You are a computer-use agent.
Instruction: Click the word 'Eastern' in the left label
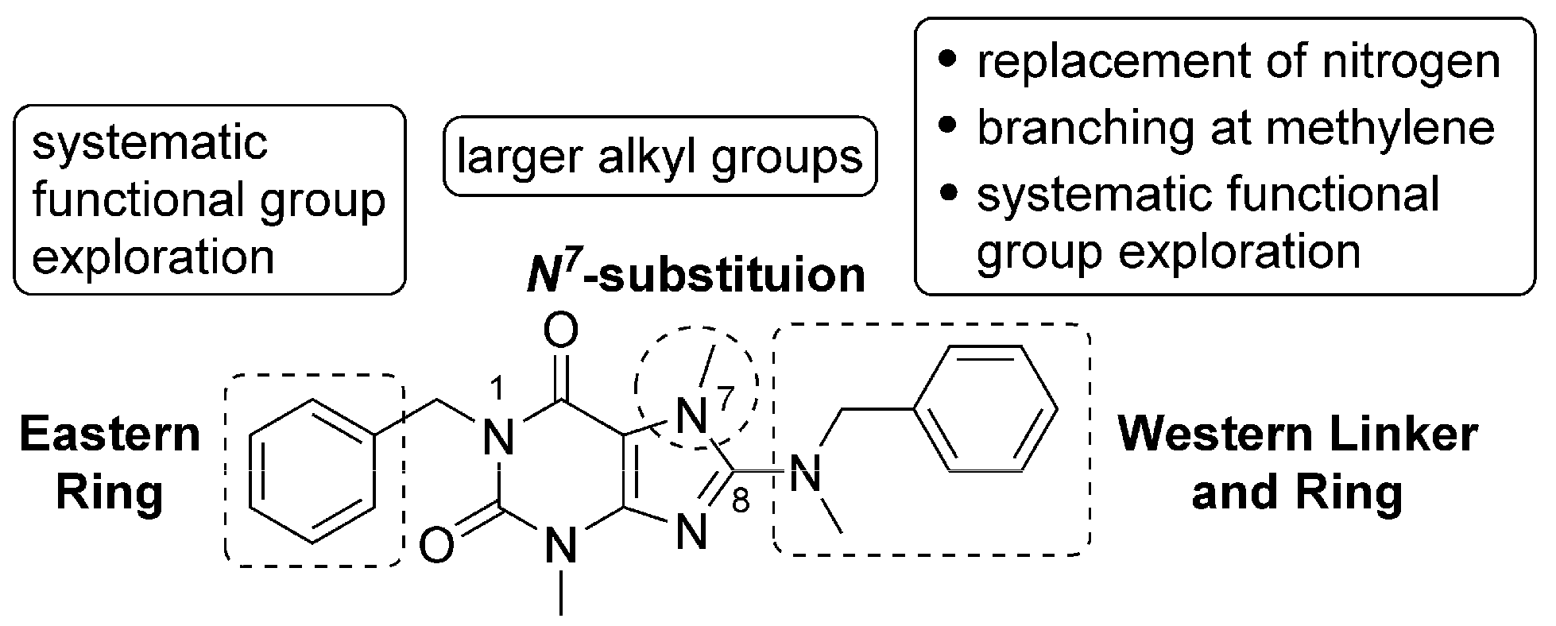click(110, 435)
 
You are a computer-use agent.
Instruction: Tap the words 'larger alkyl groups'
click(660, 156)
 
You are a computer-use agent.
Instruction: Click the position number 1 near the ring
click(498, 390)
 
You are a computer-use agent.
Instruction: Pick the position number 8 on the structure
click(740, 503)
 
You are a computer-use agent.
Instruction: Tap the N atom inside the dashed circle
click(692, 415)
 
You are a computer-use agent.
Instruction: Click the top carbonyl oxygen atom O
click(562, 331)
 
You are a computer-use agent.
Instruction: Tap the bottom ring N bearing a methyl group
click(562, 547)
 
